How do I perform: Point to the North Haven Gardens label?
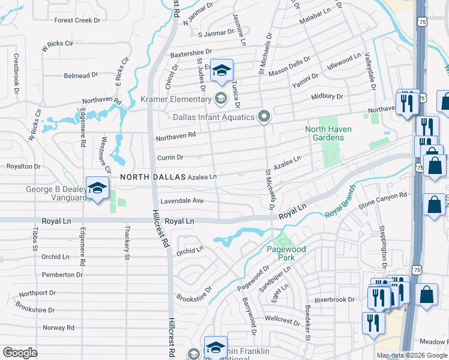coord(328,133)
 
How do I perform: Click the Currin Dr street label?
coord(169,157)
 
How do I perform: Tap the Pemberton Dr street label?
coord(62,274)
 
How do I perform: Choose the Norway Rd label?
coord(58,328)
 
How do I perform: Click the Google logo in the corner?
coord(19,353)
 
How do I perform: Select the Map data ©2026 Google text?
coord(411,355)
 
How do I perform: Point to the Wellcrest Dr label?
coord(282,320)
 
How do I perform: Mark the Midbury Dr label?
coord(327,97)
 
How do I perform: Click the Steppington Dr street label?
coord(382,248)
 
